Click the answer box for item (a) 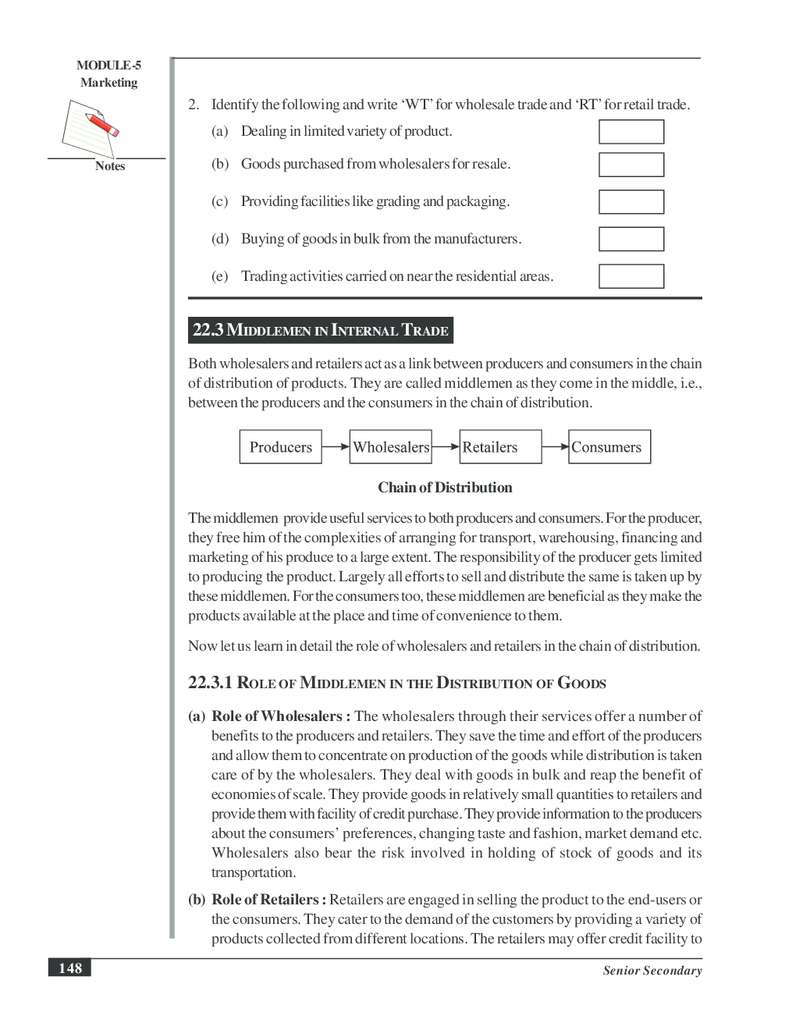(x=631, y=132)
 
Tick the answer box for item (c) (x=631, y=202)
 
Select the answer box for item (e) (x=631, y=276)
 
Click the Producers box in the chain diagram (x=280, y=447)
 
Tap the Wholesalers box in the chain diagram (x=390, y=447)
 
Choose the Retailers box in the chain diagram (x=500, y=447)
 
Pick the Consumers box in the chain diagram (x=609, y=447)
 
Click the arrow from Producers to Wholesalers (x=336, y=447)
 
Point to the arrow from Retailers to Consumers (x=555, y=447)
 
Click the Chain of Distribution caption (x=445, y=488)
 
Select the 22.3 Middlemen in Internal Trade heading (x=320, y=331)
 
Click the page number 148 (x=69, y=968)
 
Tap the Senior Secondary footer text (x=652, y=971)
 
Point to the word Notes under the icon (x=110, y=166)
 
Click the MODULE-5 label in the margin (x=108, y=66)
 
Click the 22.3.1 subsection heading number (x=210, y=683)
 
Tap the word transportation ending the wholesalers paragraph (x=253, y=872)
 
